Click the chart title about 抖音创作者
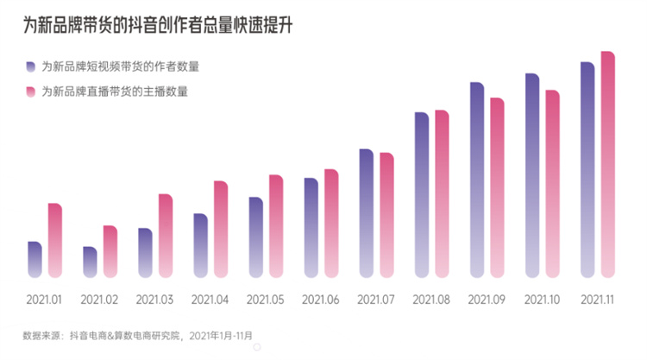point(158,26)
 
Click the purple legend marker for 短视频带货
point(30,66)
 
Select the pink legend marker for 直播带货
point(30,92)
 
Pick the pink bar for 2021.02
point(110,251)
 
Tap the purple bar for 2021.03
point(145,253)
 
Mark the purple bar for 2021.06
point(311,228)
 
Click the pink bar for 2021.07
point(386,215)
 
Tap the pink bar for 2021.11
point(607,164)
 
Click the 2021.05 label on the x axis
point(265,300)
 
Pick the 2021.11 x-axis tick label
point(597,300)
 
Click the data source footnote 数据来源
point(138,334)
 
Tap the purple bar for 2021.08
point(422,195)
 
